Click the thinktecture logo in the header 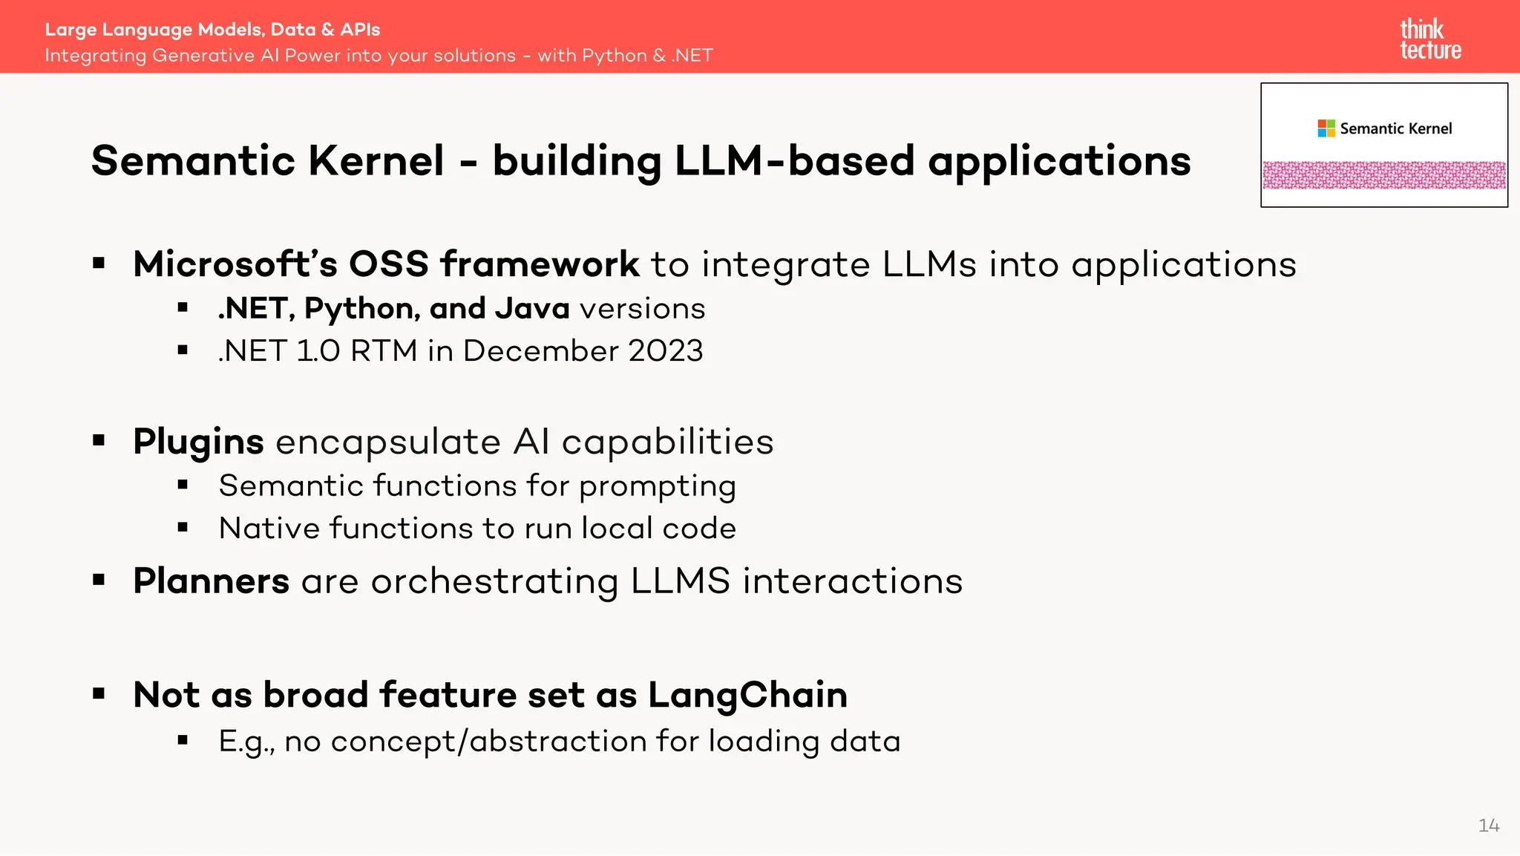pos(1430,39)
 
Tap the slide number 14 pos(1488,826)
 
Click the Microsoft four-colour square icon pos(1326,128)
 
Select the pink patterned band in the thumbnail pos(1384,175)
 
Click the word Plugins pos(198,442)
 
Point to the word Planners pos(211,581)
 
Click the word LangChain pos(747,695)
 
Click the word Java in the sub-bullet pos(532,308)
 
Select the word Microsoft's pos(235,264)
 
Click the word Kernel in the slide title pos(376,160)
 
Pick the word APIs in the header pos(360,30)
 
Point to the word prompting pos(657,487)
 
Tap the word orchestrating pos(494,581)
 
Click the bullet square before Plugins pos(99,440)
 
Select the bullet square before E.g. pos(183,739)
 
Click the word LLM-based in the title pos(794,160)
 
